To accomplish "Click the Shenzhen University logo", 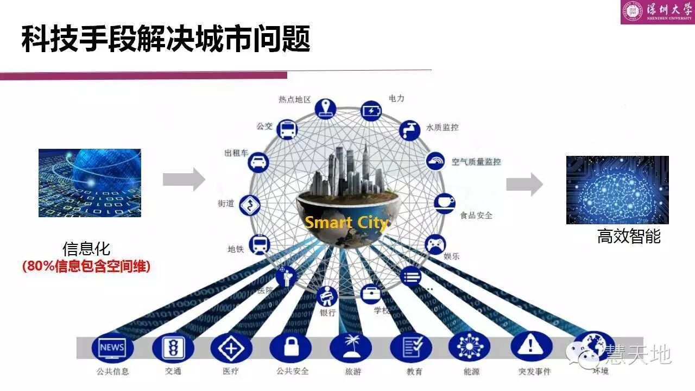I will pos(657,12).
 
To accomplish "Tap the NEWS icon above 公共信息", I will pos(112,348).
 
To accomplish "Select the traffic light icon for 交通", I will pos(173,348).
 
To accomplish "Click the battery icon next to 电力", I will pos(371,111).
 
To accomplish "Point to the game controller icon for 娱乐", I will pos(434,244).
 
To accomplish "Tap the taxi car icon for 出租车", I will pos(259,161).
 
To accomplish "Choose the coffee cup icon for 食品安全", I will pos(444,203).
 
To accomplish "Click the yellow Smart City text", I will pos(346,223).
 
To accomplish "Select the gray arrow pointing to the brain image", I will pos(524,185).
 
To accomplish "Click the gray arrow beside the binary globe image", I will pos(184,179).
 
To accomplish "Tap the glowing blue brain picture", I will pos(617,190).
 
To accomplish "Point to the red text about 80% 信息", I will pos(86,267).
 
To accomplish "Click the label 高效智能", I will pos(629,237).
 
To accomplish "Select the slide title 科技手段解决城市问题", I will pos(166,40).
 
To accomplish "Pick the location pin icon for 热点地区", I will pos(326,107).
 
